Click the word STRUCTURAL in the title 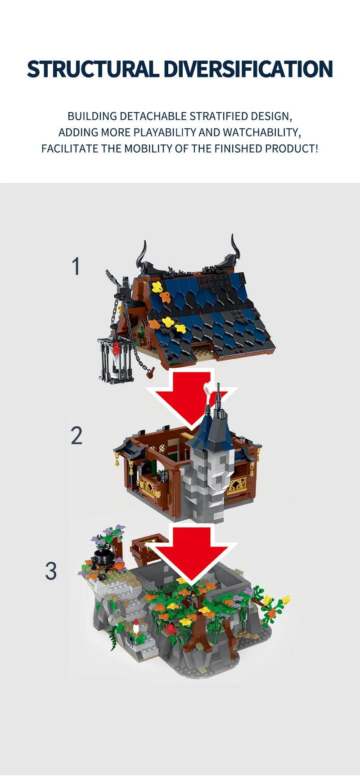click(93, 69)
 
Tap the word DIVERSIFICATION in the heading click(247, 69)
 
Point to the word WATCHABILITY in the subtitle click(261, 132)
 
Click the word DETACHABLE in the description click(153, 116)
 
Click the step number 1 click(76, 267)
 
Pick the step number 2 click(76, 436)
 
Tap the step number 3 click(51, 571)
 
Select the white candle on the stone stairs click(136, 625)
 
